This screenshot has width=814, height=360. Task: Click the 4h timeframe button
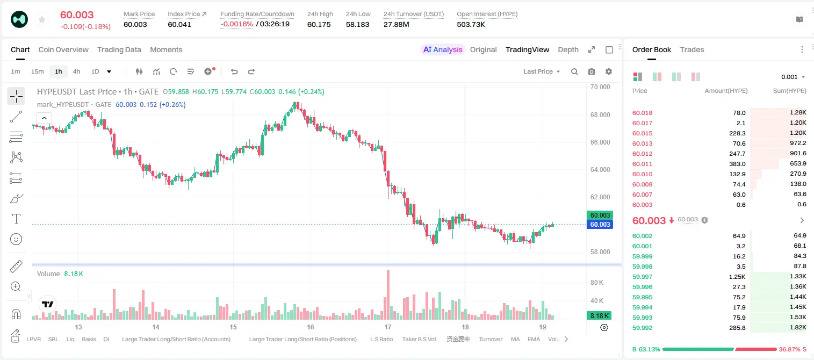(76, 71)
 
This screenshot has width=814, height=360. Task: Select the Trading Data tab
(119, 49)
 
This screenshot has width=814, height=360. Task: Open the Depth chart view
(568, 49)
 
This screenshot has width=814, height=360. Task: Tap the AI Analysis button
(443, 49)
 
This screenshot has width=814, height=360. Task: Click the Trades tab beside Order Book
(692, 49)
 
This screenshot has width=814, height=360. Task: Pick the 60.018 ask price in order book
(642, 113)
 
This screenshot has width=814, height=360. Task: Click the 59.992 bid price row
(642, 328)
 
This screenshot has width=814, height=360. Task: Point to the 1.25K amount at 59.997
(737, 277)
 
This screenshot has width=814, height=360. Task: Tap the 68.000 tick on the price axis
(600, 115)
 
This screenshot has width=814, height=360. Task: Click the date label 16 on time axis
(311, 327)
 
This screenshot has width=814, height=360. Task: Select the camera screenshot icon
(592, 71)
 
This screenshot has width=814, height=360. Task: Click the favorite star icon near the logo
(42, 19)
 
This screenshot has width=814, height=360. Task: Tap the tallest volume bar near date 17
(388, 295)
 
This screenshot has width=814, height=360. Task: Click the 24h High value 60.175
(319, 24)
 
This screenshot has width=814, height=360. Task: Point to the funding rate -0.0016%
(236, 24)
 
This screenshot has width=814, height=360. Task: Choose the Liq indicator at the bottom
(70, 339)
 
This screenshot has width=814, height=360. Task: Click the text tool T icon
(16, 219)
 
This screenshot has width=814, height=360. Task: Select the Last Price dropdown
(542, 71)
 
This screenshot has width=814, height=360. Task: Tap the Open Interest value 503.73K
(471, 24)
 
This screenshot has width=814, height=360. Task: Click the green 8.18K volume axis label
(599, 316)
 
